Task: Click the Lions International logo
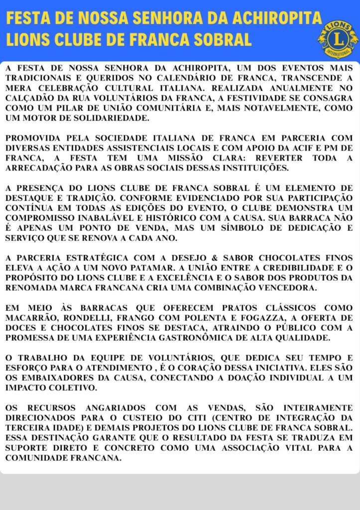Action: pos(337,38)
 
